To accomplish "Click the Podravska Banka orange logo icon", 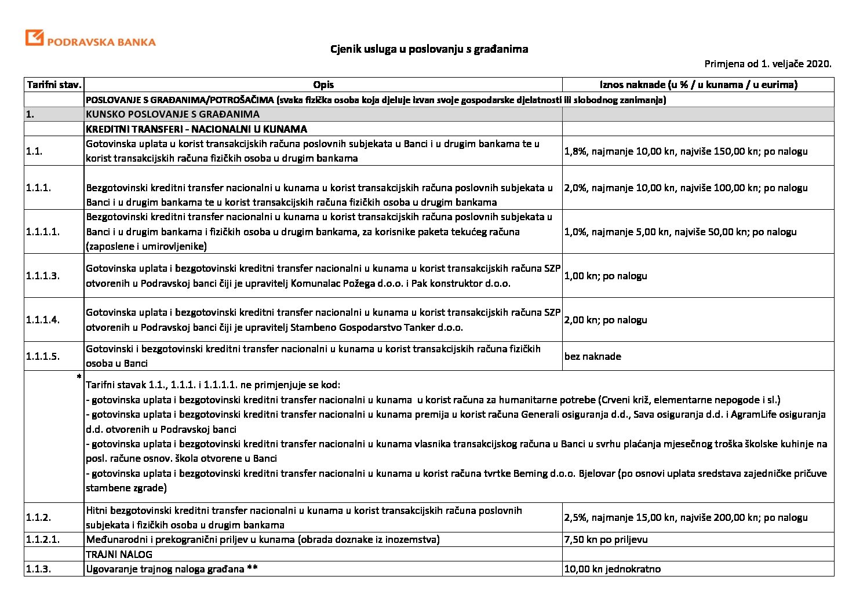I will [x=34, y=38].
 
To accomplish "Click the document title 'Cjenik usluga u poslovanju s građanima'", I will [x=429, y=49].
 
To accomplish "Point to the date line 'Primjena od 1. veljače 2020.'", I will [x=768, y=64].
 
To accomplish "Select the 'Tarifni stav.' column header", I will [x=54, y=85].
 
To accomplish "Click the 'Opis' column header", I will [x=323, y=85].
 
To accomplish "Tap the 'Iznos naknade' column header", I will [x=698, y=85].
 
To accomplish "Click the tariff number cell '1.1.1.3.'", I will [x=43, y=276].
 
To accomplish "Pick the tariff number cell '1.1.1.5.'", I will [x=43, y=356].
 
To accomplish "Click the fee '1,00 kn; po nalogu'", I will [x=606, y=276].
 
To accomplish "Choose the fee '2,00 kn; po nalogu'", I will [x=606, y=320].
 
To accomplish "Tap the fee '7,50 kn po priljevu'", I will [x=606, y=539].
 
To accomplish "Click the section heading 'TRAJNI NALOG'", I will [x=119, y=554].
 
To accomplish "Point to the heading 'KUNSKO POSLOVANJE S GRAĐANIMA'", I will [x=173, y=114].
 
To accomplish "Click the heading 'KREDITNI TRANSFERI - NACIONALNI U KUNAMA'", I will [x=196, y=129].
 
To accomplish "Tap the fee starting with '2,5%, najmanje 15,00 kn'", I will [x=686, y=517].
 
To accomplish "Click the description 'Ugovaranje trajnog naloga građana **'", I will [x=172, y=569].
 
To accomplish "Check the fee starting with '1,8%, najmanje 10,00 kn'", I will [x=686, y=151].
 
